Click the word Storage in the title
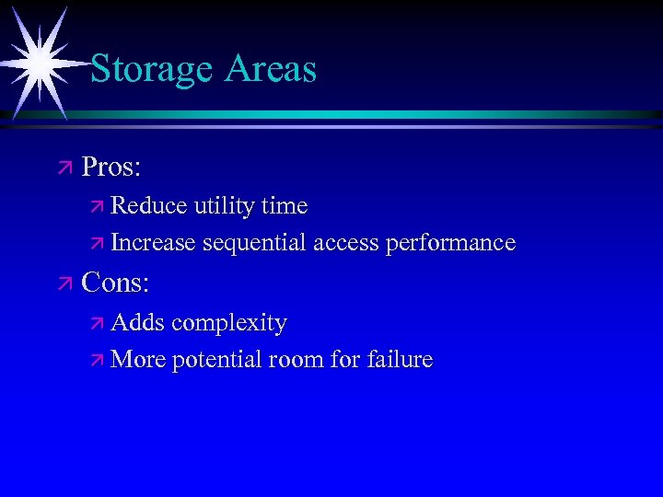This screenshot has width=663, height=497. [153, 70]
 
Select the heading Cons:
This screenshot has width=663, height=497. [115, 283]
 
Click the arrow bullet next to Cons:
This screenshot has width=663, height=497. [64, 283]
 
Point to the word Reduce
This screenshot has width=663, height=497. [149, 205]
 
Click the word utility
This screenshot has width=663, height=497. [224, 205]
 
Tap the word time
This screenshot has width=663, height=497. [285, 205]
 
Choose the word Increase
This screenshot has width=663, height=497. [153, 243]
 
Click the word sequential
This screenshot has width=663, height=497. [255, 244]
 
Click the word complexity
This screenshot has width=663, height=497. [229, 324]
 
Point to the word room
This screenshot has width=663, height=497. [297, 360]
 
